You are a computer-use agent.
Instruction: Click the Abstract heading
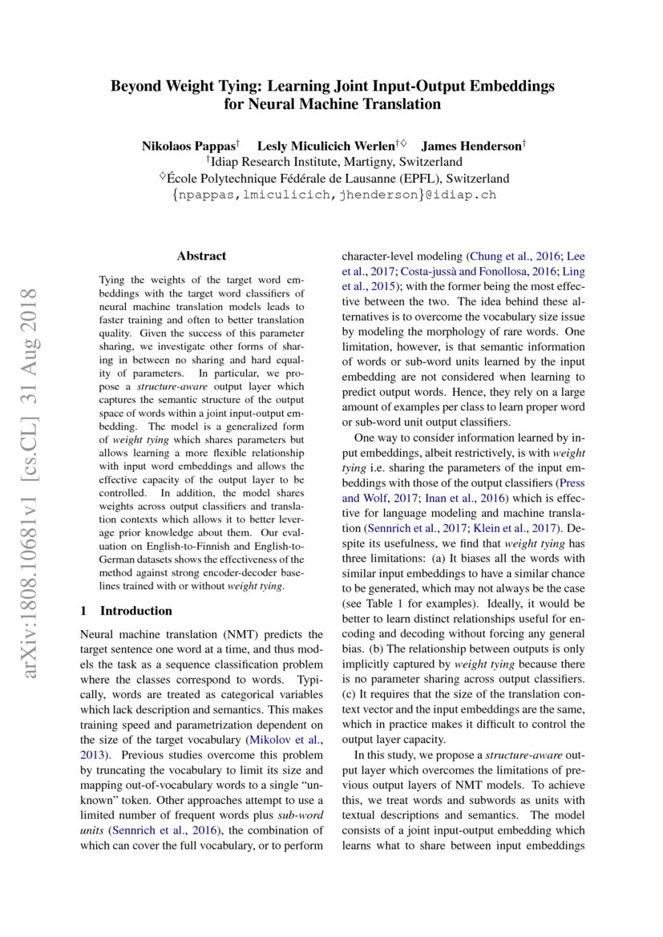click(x=202, y=256)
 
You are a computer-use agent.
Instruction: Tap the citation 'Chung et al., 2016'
click(x=513, y=256)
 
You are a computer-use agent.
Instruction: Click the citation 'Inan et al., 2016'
click(x=470, y=498)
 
